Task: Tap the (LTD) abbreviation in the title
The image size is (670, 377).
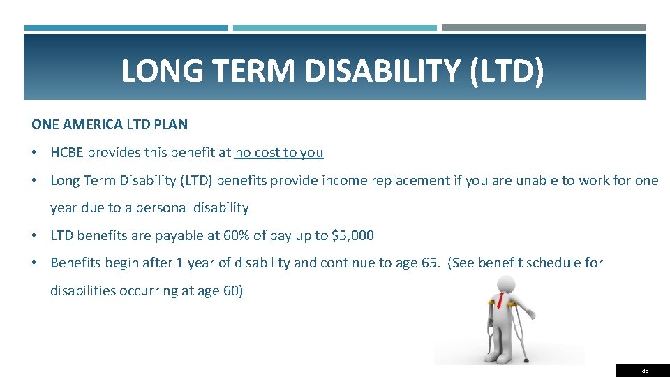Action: (x=507, y=71)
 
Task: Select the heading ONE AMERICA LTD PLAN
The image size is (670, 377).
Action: (x=110, y=125)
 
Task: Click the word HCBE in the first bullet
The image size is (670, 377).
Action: (x=68, y=152)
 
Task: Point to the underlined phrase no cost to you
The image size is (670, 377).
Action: (x=279, y=152)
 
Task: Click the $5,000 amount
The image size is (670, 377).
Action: (x=352, y=235)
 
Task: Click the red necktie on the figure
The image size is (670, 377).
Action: (x=500, y=301)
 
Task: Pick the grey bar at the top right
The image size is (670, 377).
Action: (x=544, y=28)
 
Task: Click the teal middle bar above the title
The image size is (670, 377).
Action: (x=335, y=28)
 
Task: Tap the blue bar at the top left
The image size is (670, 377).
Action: (x=126, y=28)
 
